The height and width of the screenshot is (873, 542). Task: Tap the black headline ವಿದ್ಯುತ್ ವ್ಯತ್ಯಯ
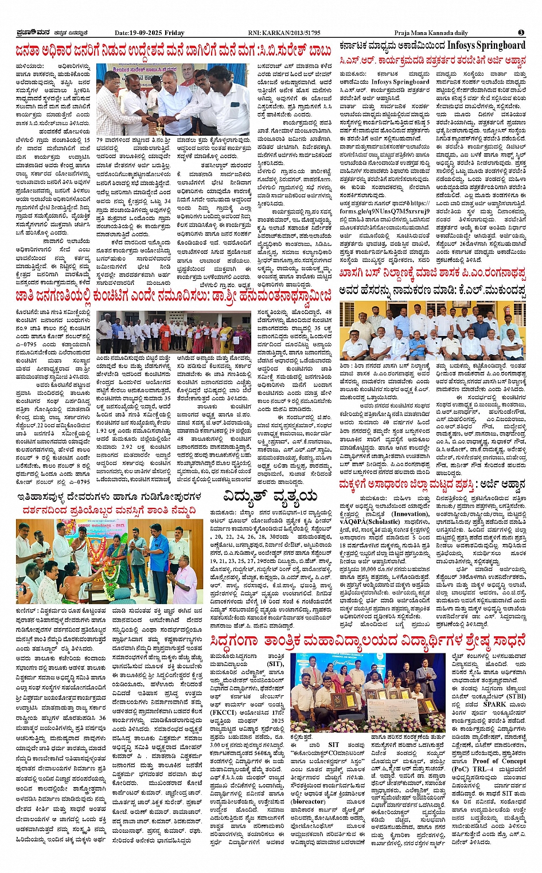[x=269, y=495]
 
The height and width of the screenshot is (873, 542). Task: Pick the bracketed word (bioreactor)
[x=308, y=801]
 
